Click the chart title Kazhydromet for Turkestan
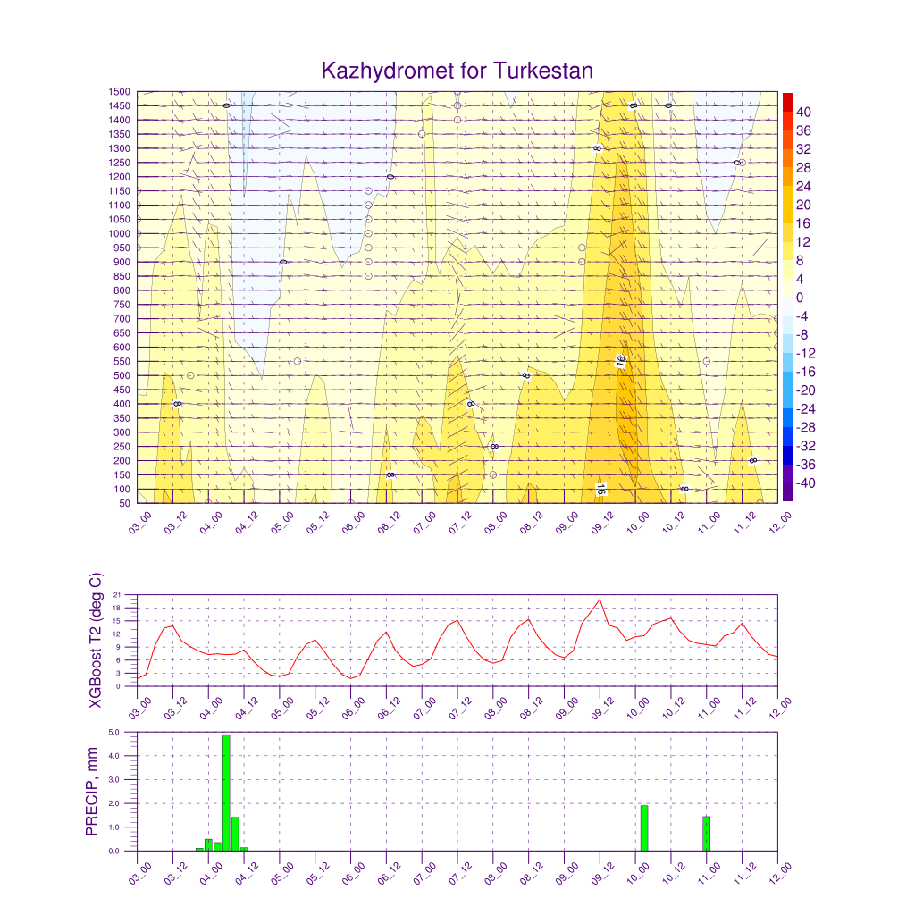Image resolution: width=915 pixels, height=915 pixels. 457,71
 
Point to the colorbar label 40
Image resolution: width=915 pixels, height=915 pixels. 803,112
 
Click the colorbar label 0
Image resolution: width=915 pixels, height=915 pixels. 799,298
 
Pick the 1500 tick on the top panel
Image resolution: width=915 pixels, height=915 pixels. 120,91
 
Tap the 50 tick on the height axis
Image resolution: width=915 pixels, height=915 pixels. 123,503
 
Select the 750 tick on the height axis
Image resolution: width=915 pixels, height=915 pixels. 122,305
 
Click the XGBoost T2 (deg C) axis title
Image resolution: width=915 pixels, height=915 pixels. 95,640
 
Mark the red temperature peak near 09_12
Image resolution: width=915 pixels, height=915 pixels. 600,600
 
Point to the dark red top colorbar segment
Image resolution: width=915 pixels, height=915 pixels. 787,102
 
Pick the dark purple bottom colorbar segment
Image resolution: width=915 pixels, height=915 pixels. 787,492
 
